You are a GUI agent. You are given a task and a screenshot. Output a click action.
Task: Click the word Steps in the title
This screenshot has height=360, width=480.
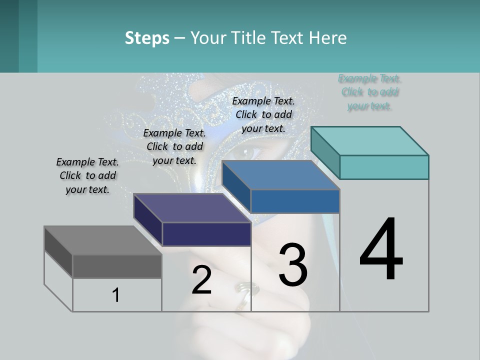click(147, 38)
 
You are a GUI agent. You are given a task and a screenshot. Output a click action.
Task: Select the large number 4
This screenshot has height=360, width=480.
click(381, 249)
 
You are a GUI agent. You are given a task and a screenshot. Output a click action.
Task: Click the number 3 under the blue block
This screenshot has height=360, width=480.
click(293, 265)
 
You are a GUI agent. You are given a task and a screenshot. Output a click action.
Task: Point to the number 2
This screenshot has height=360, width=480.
click(201, 280)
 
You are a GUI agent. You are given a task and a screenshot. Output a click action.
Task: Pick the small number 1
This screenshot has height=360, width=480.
click(116, 295)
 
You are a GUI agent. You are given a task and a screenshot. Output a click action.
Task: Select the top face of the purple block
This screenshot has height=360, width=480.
click(192, 208)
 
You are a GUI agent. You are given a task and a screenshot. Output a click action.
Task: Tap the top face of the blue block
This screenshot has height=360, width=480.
click(280, 175)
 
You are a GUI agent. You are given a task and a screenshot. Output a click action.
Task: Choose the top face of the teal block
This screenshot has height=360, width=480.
click(369, 141)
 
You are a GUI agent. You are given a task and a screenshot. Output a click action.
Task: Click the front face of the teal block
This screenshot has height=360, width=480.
click(384, 167)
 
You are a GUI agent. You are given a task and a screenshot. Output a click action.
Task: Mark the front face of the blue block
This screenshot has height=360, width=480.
click(295, 201)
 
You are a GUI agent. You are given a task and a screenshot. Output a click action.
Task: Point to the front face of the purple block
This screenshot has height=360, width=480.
click(206, 234)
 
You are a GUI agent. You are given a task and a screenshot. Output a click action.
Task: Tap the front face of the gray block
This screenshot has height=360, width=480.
click(117, 266)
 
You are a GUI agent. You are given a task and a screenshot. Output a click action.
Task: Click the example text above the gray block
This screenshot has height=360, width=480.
click(87, 175)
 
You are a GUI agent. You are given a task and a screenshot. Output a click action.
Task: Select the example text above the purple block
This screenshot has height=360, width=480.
click(174, 146)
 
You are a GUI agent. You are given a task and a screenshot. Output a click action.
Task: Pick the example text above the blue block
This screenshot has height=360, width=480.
click(263, 114)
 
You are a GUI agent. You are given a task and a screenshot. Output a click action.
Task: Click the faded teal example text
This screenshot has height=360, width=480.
click(369, 92)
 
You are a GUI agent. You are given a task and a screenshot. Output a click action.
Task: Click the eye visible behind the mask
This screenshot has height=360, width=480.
click(248, 149)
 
